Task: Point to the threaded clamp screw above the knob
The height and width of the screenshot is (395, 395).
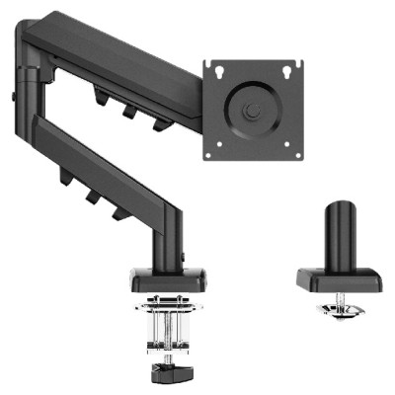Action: click(163, 331)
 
